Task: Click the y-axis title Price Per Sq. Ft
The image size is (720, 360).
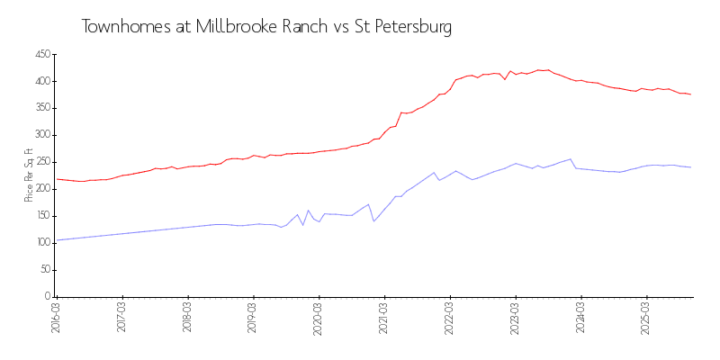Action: [29, 175]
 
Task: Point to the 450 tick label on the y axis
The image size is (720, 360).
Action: [40, 54]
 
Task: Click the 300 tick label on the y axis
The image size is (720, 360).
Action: [40, 135]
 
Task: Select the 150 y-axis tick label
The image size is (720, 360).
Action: [40, 216]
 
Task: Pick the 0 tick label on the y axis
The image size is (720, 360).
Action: [47, 296]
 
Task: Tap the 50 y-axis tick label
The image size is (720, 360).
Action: [43, 269]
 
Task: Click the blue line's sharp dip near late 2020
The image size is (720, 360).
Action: [373, 220]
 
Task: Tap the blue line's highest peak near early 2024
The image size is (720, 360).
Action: [571, 159]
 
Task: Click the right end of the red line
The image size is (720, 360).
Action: [690, 94]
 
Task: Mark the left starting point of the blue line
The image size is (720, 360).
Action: [57, 240]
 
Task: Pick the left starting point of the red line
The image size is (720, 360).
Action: [57, 179]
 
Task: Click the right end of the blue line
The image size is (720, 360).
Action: [690, 167]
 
